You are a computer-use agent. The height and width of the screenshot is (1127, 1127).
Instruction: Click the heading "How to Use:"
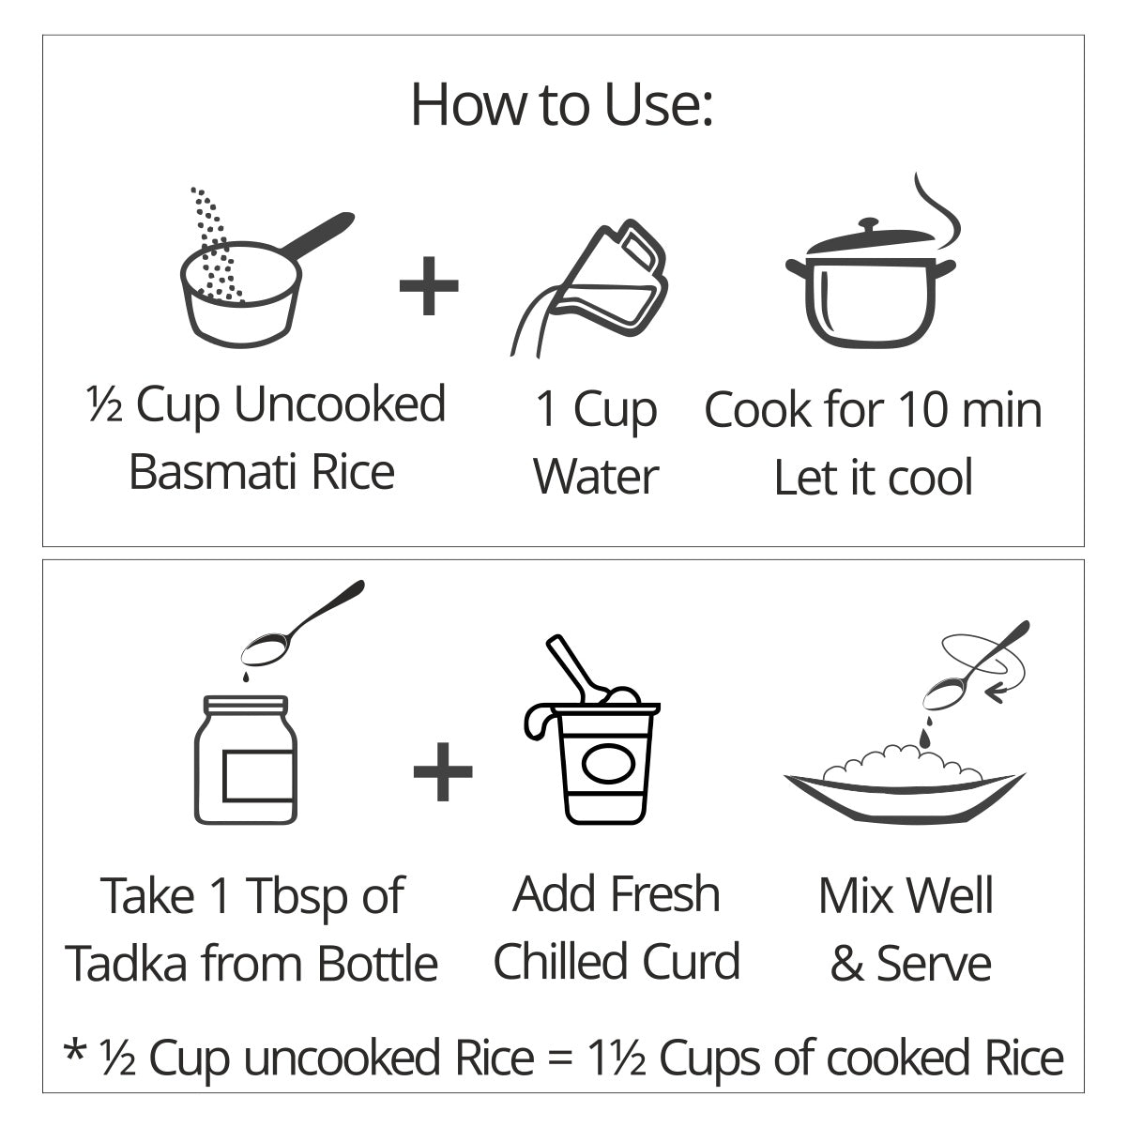coord(562,105)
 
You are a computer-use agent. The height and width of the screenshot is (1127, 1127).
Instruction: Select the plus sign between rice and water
coord(429,285)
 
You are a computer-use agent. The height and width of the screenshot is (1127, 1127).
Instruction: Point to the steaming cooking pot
coord(872,281)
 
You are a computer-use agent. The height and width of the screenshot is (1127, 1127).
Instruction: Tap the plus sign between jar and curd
coord(443,771)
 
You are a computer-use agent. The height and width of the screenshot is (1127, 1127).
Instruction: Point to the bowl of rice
coord(905,783)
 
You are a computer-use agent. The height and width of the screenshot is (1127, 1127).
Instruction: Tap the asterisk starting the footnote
coord(75,1049)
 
